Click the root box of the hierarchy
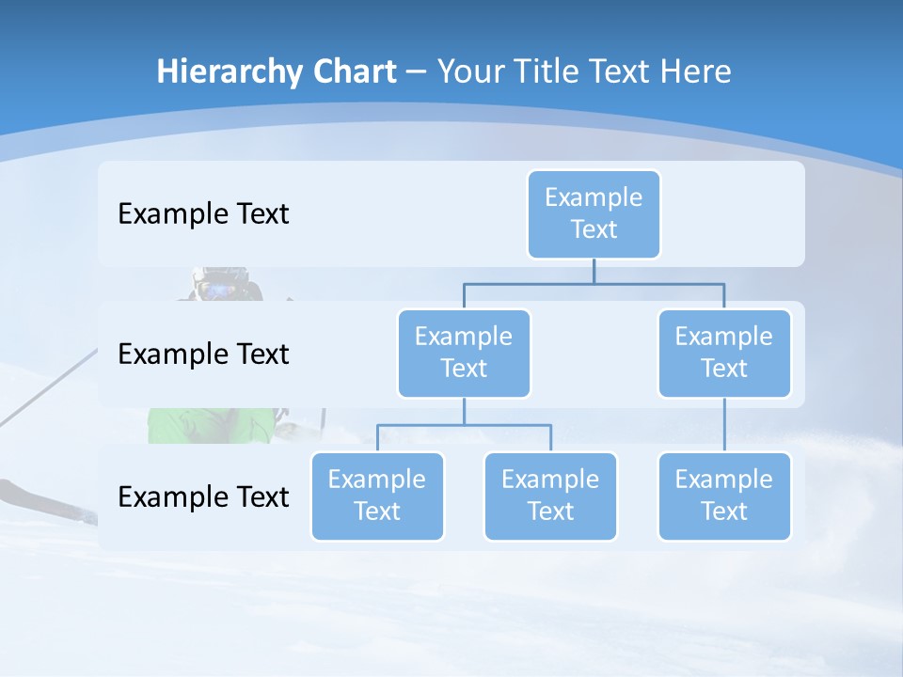[x=594, y=213]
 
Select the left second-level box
[x=464, y=353]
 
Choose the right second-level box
[x=724, y=353]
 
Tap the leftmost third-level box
[x=377, y=496]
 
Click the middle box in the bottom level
[x=550, y=496]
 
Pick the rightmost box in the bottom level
[x=724, y=496]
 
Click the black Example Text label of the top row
[x=203, y=214]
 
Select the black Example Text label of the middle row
[x=203, y=354]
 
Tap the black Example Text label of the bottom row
[x=203, y=496]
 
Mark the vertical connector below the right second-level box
[x=724, y=425]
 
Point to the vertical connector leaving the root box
[x=594, y=270]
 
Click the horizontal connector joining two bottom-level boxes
[x=464, y=425]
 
